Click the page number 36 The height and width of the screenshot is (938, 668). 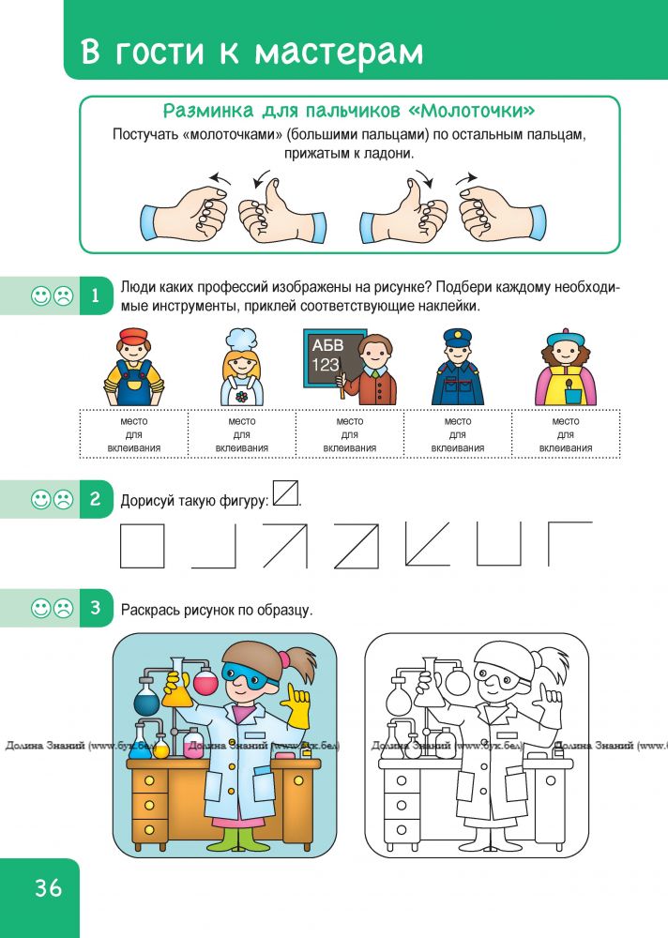pyautogui.click(x=48, y=887)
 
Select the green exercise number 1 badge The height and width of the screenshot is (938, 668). pyautogui.click(x=96, y=295)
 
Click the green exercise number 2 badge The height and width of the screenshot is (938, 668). pyautogui.click(x=96, y=499)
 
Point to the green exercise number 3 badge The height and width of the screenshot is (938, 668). pyautogui.click(x=96, y=608)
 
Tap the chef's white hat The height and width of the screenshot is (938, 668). pyautogui.click(x=241, y=340)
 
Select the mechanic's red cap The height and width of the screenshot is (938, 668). pyautogui.click(x=133, y=335)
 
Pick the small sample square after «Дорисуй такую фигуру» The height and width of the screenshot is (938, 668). pyautogui.click(x=285, y=493)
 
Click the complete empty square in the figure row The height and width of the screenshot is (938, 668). pyautogui.click(x=142, y=546)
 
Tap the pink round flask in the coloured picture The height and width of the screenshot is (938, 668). pyautogui.click(x=205, y=682)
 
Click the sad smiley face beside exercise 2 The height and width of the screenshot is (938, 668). pyautogui.click(x=63, y=500)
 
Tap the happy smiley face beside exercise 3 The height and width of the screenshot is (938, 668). pyautogui.click(x=40, y=609)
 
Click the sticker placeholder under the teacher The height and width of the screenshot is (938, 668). pyautogui.click(x=350, y=434)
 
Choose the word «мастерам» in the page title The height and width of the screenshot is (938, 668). pyautogui.click(x=339, y=52)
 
